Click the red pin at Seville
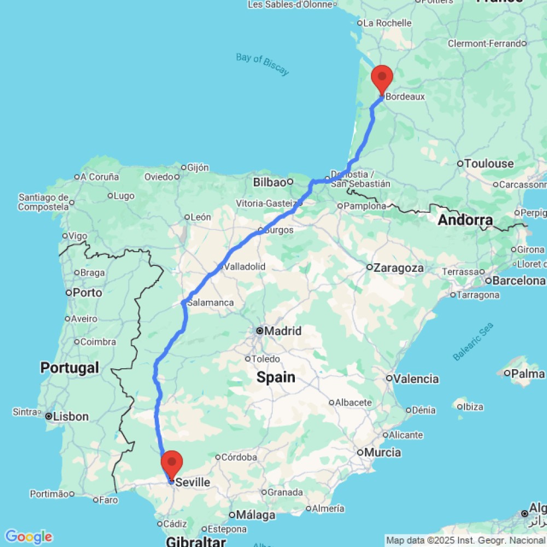tap(172, 464)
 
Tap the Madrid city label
tap(283, 331)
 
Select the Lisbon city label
tap(71, 416)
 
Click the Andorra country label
tap(465, 220)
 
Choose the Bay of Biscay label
tap(263, 64)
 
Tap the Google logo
tap(28, 537)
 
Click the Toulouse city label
tap(489, 163)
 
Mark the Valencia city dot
tap(389, 378)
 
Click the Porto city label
tap(88, 293)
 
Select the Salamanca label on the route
tap(211, 302)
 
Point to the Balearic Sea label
tap(474, 341)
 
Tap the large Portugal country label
tap(69, 368)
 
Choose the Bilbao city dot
tap(290, 182)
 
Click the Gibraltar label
tap(195, 542)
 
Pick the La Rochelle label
tap(387, 23)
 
